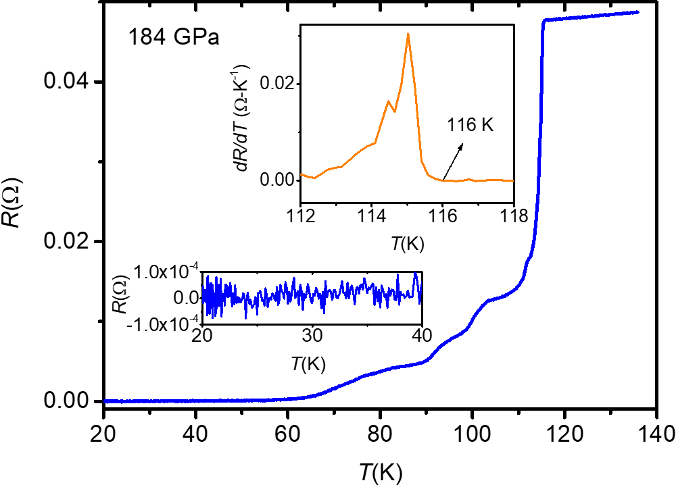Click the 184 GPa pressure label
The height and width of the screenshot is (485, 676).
pos(174,36)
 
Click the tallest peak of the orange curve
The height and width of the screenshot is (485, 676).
pos(408,34)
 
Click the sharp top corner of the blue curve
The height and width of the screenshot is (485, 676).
pos(544,20)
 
